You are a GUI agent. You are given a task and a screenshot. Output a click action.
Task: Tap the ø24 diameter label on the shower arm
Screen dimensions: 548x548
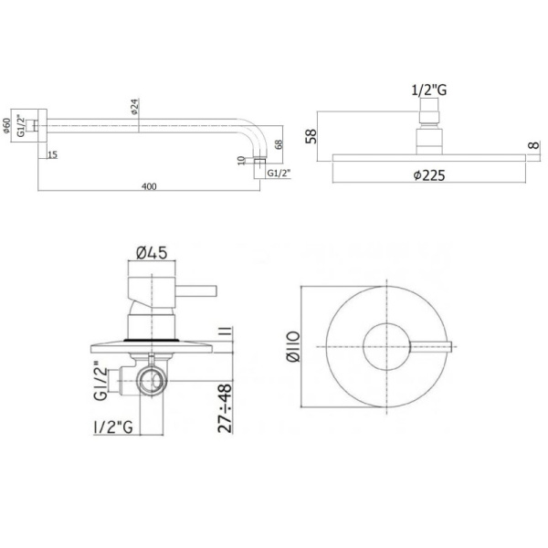pos(135,107)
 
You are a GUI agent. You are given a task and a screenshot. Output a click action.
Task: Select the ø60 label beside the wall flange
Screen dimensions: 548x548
pos(8,125)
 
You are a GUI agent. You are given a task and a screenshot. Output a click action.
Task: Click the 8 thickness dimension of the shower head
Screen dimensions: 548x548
pos(531,146)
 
